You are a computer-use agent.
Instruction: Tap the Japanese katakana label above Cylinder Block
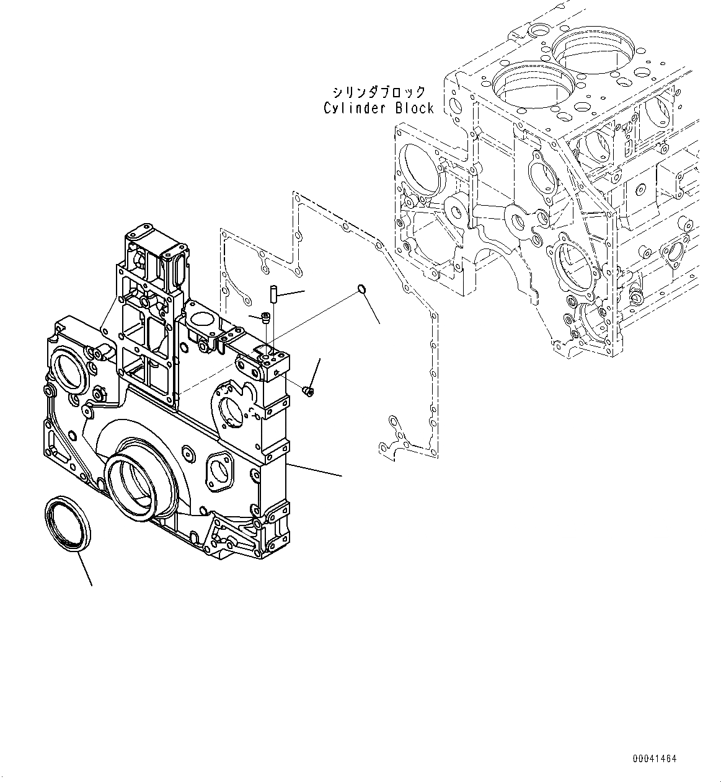379,92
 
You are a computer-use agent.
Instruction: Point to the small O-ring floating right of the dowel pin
362,289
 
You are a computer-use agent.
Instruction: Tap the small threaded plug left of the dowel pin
266,318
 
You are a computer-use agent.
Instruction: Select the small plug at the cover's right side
307,390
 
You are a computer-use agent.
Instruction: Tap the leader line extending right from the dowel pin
292,294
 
